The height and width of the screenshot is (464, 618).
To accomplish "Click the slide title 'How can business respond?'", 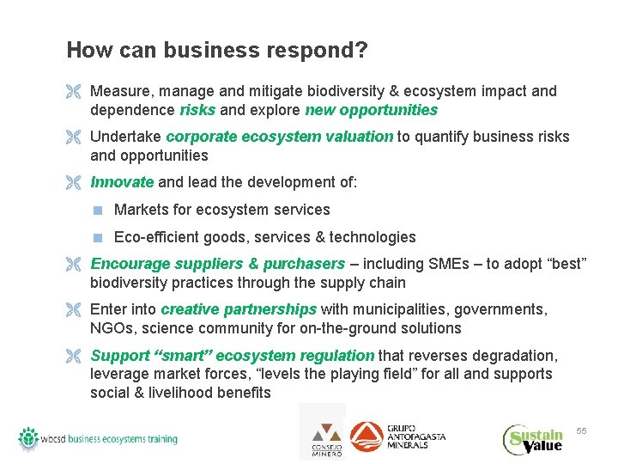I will click(217, 51).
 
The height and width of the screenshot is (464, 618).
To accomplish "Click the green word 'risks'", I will click(197, 110).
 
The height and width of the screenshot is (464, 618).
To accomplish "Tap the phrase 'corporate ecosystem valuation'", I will click(279, 137).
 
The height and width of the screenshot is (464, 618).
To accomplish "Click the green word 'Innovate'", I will click(122, 182).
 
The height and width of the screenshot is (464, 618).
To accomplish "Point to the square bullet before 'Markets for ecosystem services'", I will click(100, 210).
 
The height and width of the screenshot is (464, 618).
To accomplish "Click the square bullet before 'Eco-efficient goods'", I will click(100, 237).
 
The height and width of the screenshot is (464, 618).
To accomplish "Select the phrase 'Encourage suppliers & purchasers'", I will click(217, 264).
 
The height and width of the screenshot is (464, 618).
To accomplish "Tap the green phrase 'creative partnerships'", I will click(239, 309).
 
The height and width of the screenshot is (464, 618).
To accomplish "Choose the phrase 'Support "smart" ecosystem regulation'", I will click(232, 356).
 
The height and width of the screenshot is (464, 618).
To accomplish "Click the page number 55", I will click(581, 430).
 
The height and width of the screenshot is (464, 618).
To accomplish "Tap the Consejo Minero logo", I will click(324, 436).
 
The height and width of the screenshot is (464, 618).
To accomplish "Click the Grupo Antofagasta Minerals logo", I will click(397, 437).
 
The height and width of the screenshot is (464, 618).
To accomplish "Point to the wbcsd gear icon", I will click(30, 438).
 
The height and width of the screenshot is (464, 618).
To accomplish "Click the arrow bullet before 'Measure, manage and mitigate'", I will click(75, 91).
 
